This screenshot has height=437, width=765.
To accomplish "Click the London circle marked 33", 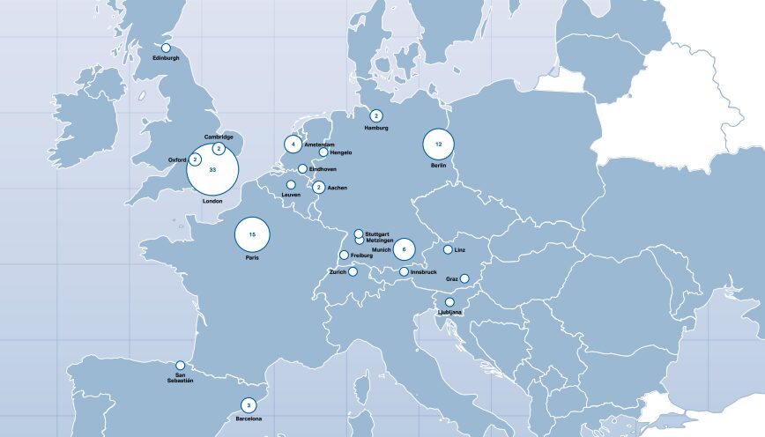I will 212,169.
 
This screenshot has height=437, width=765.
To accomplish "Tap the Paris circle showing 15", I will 252,234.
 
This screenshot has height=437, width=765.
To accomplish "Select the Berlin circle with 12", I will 438,143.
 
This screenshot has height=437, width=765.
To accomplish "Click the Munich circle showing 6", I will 404,249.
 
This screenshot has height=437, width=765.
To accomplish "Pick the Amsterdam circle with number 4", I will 293,144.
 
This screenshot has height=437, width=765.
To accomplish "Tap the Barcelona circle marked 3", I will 249,405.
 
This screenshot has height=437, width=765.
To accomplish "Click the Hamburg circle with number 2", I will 376,115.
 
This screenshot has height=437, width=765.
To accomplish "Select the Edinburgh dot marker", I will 166,48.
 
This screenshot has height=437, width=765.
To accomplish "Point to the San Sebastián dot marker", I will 180,365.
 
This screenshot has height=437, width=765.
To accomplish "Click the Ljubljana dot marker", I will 449,302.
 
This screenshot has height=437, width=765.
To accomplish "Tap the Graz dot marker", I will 464,279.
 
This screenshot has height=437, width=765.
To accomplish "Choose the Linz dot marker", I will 448,249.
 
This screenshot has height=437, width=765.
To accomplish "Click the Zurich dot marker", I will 353,271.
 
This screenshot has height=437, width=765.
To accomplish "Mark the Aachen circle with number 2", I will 318,187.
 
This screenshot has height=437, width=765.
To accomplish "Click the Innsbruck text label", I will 424,272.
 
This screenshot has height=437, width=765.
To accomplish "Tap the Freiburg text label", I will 362,256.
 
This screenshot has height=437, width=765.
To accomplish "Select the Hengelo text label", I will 341,152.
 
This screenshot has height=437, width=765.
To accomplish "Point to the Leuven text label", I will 292,195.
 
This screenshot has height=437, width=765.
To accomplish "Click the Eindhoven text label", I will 323,169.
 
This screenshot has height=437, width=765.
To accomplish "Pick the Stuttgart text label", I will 377,233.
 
